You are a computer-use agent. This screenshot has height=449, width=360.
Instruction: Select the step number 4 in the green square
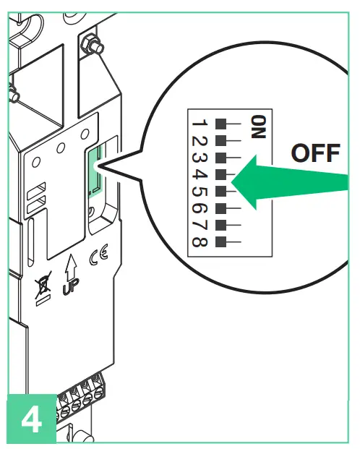click(31, 419)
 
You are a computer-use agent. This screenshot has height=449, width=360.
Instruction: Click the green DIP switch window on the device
click(94, 171)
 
